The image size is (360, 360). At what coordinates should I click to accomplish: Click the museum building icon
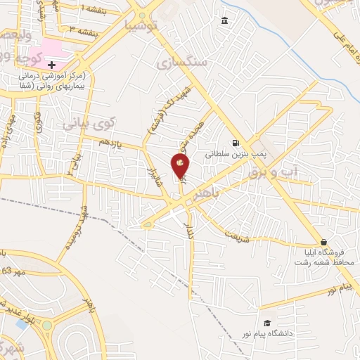[x=224, y=20]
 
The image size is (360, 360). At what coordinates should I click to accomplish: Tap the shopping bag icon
[x=323, y=241]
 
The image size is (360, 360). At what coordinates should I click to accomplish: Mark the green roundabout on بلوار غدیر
[x=48, y=326]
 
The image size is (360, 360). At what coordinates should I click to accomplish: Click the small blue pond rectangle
[x=24, y=324]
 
